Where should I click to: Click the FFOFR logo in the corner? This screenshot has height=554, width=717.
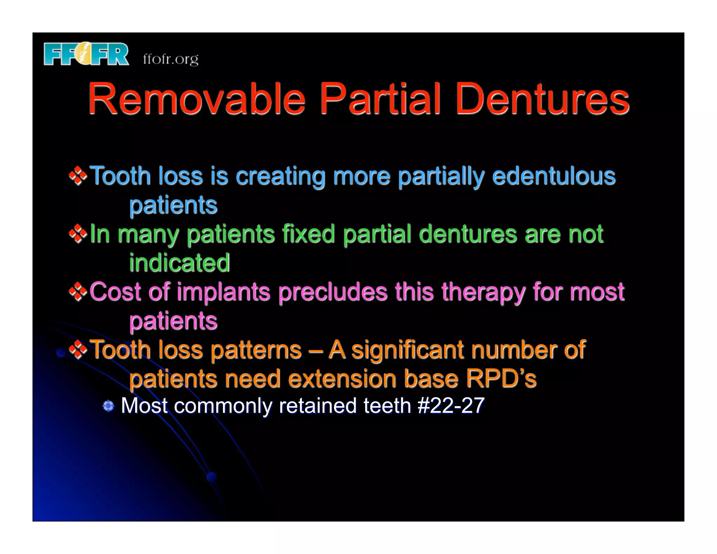pyautogui.click(x=86, y=54)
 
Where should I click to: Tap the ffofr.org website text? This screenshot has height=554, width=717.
pyautogui.click(x=170, y=59)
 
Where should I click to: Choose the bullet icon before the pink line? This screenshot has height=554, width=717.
pyautogui.click(x=78, y=292)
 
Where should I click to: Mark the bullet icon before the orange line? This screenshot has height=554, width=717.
pyautogui.click(x=78, y=349)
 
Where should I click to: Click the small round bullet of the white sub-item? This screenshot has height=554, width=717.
pyautogui.click(x=109, y=406)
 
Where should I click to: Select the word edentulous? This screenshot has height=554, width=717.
pyautogui.click(x=554, y=176)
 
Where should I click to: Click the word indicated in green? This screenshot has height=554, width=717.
pyautogui.click(x=180, y=263)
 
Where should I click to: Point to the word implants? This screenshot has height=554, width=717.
pyautogui.click(x=223, y=292)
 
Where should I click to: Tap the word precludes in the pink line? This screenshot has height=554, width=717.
pyautogui.click(x=333, y=292)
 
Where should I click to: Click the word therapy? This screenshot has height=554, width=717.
pyautogui.click(x=483, y=292)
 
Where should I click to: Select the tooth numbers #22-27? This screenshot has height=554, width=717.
pyautogui.click(x=451, y=406)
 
